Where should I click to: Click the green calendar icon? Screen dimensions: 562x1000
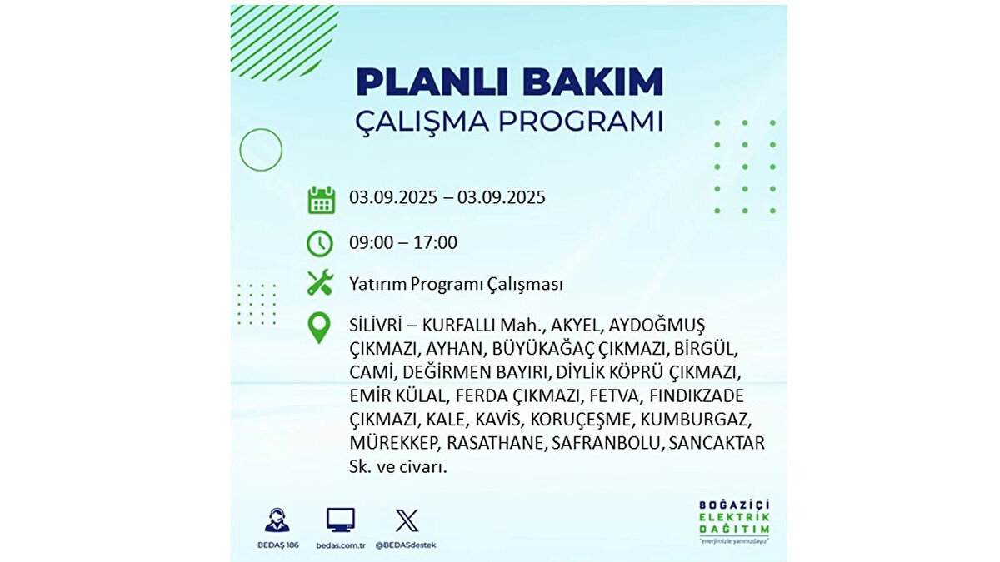[x=321, y=200]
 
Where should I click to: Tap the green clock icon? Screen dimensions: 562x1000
[x=320, y=243]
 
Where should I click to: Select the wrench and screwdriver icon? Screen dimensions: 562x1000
[x=320, y=283]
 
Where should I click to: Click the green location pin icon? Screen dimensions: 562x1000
[x=319, y=327]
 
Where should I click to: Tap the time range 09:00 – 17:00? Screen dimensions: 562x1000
[x=403, y=243]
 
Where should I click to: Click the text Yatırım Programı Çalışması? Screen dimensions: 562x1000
[x=456, y=284]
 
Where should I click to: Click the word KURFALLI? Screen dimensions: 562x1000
[x=460, y=323]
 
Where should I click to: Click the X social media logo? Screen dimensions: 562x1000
[x=407, y=520]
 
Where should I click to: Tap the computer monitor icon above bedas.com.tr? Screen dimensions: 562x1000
[x=341, y=520]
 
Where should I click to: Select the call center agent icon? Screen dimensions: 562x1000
[x=277, y=520]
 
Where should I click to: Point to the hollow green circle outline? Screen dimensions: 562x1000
[x=261, y=150]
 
